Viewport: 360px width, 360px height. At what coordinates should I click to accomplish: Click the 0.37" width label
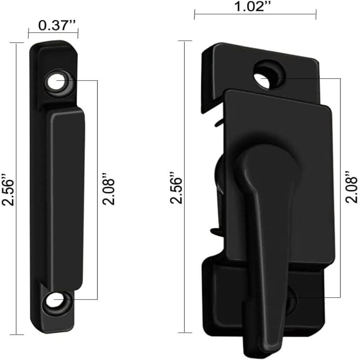(x=53, y=26)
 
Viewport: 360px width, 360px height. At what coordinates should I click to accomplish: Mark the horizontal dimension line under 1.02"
(x=255, y=14)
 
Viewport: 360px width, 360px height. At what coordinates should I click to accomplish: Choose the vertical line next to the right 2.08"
(x=340, y=187)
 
